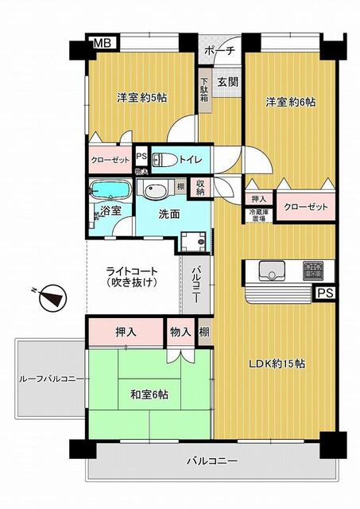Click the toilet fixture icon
pyautogui.click(x=162, y=158)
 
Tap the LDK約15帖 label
pyautogui.click(x=278, y=363)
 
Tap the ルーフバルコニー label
pyautogui.click(x=48, y=379)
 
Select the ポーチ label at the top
pyautogui.click(x=219, y=50)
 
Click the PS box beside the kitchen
pyautogui.click(x=324, y=293)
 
